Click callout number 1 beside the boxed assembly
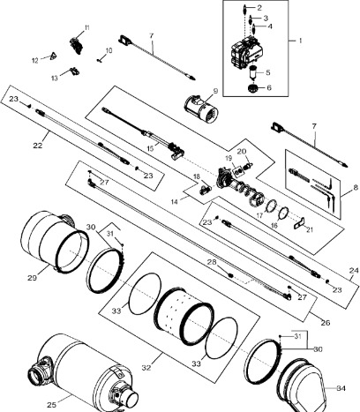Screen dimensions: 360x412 click(x=300, y=41)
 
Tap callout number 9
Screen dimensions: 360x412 click(x=215, y=91)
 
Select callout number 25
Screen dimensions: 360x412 click(x=51, y=405)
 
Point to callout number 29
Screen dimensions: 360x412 click(x=33, y=277)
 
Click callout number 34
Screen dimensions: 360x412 click(x=341, y=388)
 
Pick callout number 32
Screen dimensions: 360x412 click(x=146, y=367)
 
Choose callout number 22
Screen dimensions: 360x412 click(x=38, y=145)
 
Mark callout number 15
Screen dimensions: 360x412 click(x=150, y=148)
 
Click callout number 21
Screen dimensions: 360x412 click(x=310, y=229)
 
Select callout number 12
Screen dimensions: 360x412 click(x=35, y=61)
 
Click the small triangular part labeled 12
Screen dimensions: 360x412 click(x=53, y=56)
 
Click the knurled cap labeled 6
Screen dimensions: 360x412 click(x=253, y=87)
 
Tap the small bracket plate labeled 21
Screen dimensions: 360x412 click(x=299, y=221)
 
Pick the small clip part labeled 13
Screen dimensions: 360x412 click(x=74, y=71)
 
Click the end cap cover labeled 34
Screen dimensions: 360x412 click(x=304, y=382)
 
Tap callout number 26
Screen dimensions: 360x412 click(x=326, y=323)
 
